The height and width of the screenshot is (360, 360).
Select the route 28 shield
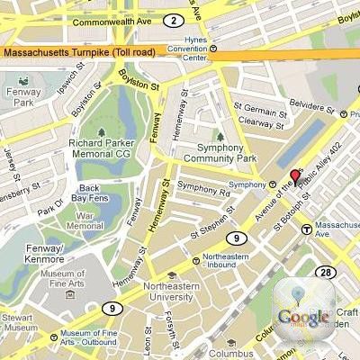click(325, 273)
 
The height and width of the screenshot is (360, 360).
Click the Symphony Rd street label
click(203, 188)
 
